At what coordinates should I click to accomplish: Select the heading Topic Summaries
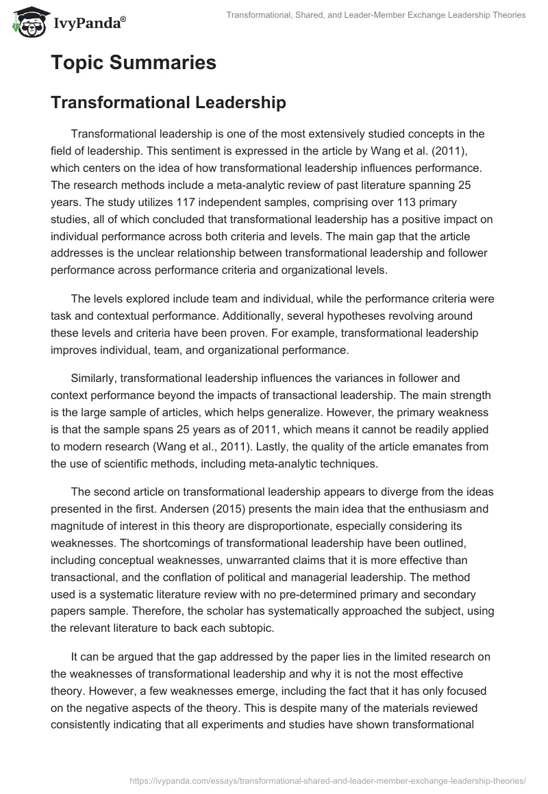pyautogui.click(x=134, y=63)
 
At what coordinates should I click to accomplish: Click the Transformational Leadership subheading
pyautogui.click(x=168, y=103)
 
